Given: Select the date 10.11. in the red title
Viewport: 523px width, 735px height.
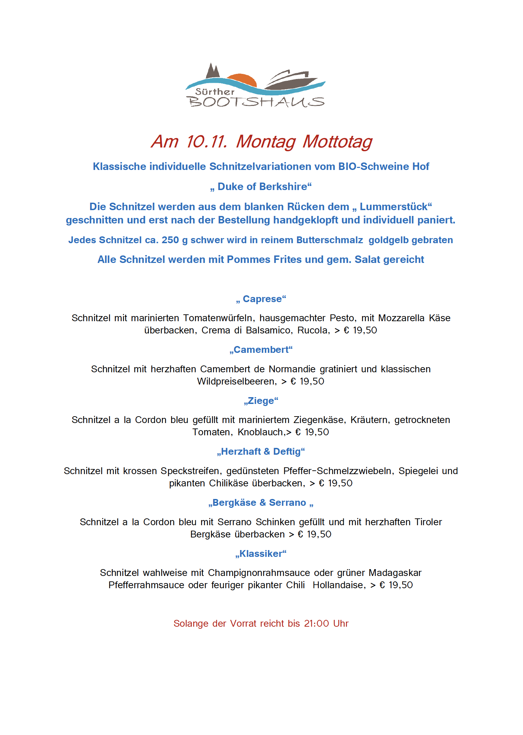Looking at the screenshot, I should (x=206, y=142).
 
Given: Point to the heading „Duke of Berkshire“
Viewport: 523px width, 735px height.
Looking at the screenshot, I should (x=261, y=187).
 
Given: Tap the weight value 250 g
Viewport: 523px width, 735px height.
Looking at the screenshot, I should (x=175, y=240).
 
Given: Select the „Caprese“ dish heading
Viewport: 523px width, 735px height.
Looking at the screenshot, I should (x=261, y=299).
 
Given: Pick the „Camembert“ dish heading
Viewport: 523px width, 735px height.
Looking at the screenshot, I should (x=261, y=350).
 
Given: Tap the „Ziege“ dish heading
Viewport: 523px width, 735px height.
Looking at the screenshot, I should (x=261, y=401).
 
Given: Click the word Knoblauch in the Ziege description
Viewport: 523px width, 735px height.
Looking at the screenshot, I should (x=260, y=432).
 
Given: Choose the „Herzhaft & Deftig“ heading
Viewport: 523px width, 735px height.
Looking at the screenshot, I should (x=261, y=452).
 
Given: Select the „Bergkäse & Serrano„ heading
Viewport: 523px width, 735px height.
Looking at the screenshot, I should (x=261, y=503).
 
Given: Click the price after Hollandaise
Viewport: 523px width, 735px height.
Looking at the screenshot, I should (x=396, y=585).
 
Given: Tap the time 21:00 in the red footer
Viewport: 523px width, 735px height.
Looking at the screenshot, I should (x=317, y=624).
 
